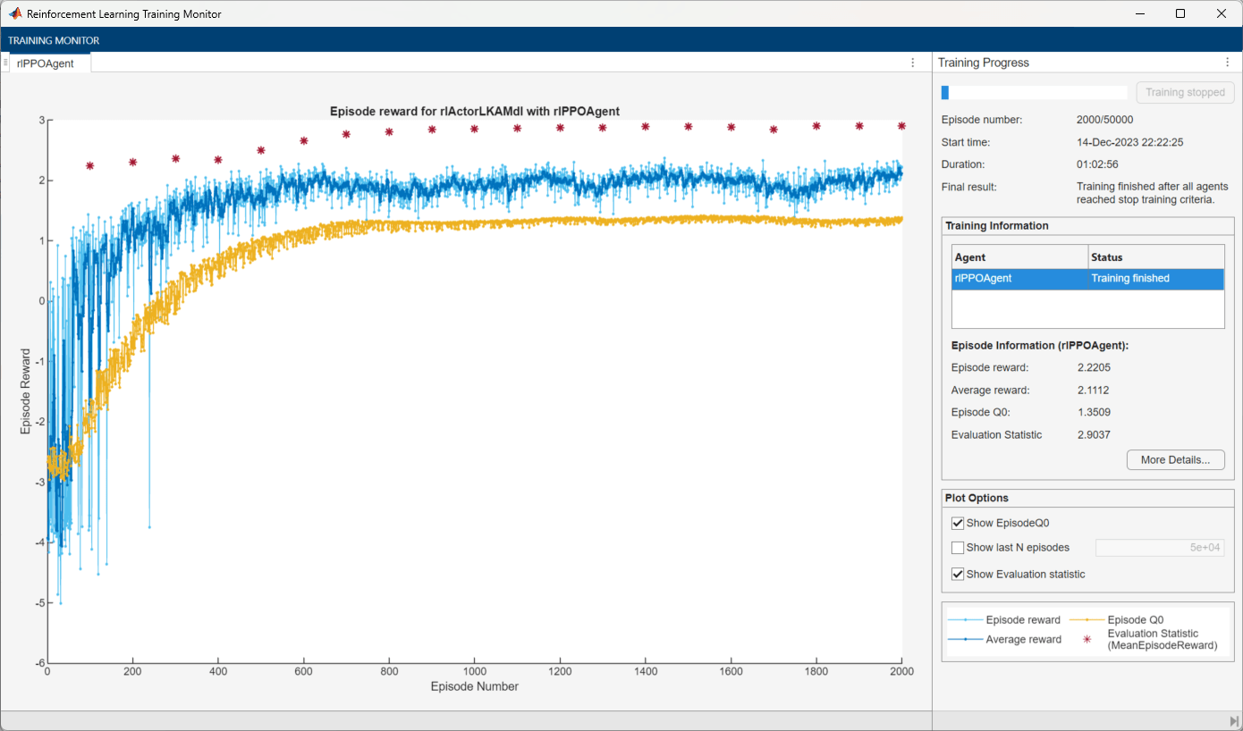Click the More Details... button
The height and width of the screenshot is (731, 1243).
[1175, 460]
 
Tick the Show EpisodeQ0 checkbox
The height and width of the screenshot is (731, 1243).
[958, 523]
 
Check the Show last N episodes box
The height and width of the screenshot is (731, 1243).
[958, 548]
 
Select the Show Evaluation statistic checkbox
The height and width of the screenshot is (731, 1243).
[958, 574]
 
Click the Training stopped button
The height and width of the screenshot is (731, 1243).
[1185, 92]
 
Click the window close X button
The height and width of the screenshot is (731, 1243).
[1222, 13]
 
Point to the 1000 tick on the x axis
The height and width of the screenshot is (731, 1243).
[475, 671]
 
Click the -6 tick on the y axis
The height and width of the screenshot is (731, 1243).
[41, 663]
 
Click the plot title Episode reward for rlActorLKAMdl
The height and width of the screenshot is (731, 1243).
[475, 111]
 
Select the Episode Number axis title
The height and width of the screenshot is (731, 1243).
[475, 686]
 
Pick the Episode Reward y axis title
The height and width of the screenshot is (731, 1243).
[26, 391]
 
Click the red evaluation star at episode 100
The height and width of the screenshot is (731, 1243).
[89, 165]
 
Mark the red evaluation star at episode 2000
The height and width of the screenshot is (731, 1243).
[901, 126]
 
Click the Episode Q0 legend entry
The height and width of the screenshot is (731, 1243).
[1135, 620]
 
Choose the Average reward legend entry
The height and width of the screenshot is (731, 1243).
[1023, 639]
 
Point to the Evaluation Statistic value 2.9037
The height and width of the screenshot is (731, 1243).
[1095, 434]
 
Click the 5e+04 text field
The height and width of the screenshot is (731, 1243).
[1160, 548]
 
